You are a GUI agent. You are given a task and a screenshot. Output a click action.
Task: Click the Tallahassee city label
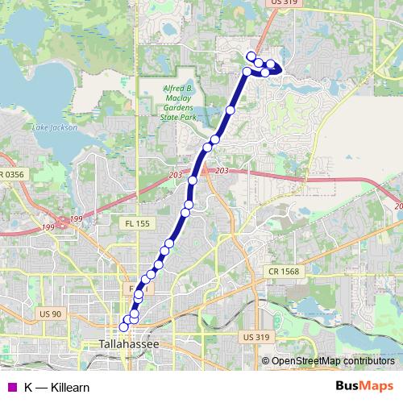129,344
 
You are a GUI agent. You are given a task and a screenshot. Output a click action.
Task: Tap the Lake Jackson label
55,127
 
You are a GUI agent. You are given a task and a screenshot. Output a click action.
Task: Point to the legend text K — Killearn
56,387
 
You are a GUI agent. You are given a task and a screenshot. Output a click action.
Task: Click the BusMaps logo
364,386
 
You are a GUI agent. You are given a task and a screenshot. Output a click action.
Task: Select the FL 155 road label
138,222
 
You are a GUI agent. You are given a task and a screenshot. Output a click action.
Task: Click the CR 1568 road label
285,272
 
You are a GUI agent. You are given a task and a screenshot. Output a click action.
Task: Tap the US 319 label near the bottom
256,337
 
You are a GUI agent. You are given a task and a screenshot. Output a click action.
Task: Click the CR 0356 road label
13,174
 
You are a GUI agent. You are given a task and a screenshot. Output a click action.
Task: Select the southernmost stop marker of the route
124,326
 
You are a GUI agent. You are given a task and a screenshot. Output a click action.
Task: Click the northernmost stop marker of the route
251,56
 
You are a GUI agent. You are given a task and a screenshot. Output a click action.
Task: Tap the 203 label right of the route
223,171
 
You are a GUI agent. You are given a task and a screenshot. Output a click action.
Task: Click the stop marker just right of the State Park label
231,110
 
